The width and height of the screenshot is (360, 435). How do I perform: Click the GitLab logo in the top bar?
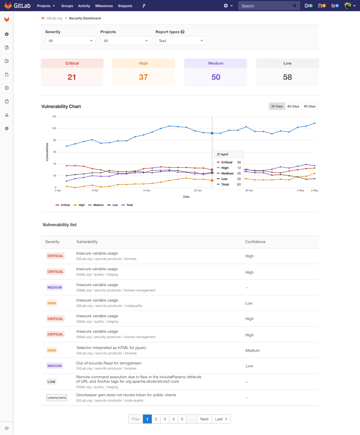[x=17, y=6]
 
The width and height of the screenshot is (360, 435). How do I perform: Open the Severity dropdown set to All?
[x=71, y=41]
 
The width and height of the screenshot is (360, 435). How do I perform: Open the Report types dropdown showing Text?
[x=181, y=41]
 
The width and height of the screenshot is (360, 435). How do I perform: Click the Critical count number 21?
[x=72, y=77]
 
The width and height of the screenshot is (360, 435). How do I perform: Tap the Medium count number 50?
[x=216, y=77]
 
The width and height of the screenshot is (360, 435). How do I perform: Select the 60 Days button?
[x=293, y=106]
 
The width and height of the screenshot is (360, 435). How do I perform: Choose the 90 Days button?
[x=310, y=106]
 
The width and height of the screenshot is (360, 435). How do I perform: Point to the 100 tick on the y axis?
[x=54, y=128]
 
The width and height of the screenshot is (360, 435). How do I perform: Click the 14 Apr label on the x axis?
[x=146, y=190]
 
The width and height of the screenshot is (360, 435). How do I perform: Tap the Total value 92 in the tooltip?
[x=239, y=185]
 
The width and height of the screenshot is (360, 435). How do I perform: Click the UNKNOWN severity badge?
[x=57, y=398]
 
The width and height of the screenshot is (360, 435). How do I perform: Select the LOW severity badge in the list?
[x=51, y=382]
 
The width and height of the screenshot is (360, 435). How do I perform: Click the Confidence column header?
[x=255, y=242]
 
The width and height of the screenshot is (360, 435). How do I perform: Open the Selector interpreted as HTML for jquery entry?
[x=111, y=348]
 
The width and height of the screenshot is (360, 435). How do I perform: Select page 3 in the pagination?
[x=165, y=419]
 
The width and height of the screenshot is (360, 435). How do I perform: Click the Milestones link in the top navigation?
[x=104, y=6]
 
